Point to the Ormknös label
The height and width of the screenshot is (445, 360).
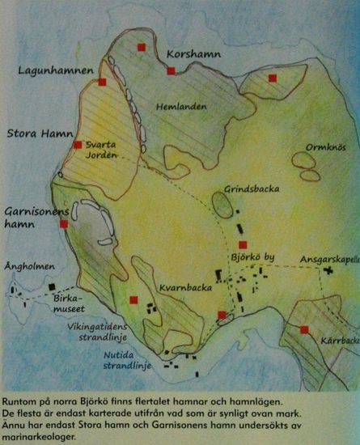(x=326, y=147)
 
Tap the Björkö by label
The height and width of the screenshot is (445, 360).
(x=252, y=259)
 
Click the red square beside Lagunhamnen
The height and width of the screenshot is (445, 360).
(x=103, y=82)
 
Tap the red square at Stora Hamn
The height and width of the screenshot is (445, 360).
(x=78, y=145)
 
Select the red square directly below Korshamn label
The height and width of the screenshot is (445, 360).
(x=172, y=71)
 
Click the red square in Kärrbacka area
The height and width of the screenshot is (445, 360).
(x=304, y=329)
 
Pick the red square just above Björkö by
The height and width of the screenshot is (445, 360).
(x=242, y=244)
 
